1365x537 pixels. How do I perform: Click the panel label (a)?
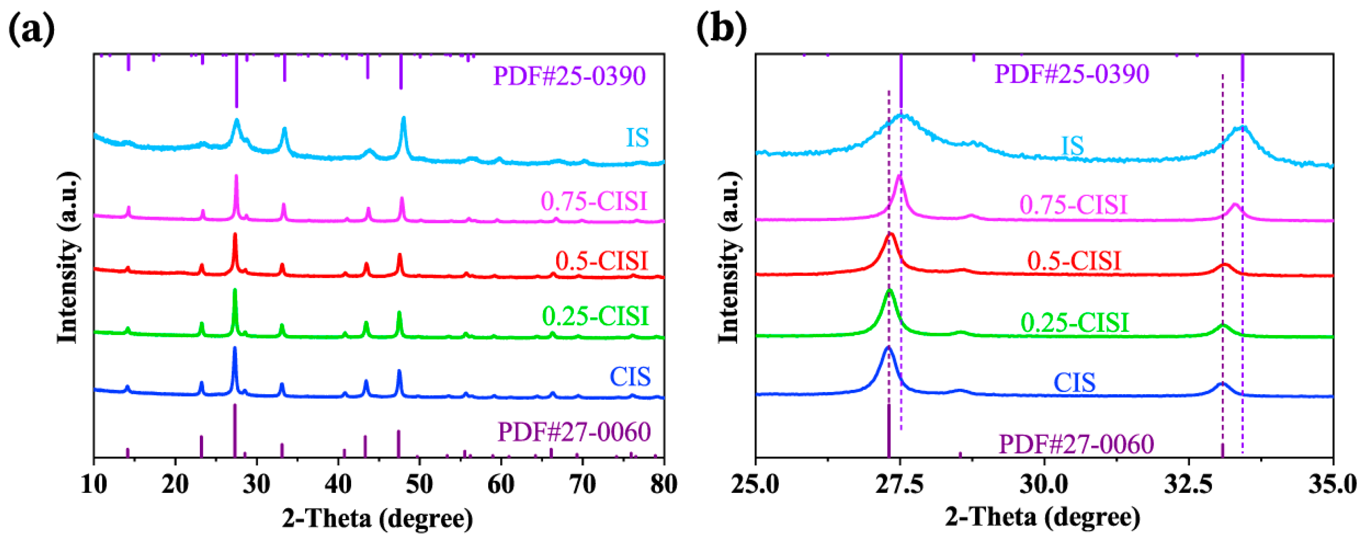(x=32, y=29)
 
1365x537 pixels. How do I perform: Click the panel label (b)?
(x=721, y=29)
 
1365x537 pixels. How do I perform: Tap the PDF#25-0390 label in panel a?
(x=569, y=76)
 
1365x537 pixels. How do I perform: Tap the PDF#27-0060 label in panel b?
(x=1076, y=444)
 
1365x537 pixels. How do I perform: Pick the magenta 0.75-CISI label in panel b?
(x=1073, y=205)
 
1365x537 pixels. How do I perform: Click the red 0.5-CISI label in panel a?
(x=601, y=261)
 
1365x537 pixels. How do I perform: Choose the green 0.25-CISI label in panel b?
(x=1074, y=323)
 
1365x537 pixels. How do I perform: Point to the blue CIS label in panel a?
(x=630, y=377)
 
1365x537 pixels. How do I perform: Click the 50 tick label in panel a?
(x=419, y=484)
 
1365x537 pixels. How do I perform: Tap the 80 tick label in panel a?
(x=663, y=484)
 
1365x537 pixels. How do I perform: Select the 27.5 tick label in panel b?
(x=899, y=484)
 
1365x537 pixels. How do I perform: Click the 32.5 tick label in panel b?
(x=1189, y=484)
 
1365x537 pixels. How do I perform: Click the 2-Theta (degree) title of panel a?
(x=377, y=518)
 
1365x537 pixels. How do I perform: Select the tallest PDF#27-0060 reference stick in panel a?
(x=235, y=430)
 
